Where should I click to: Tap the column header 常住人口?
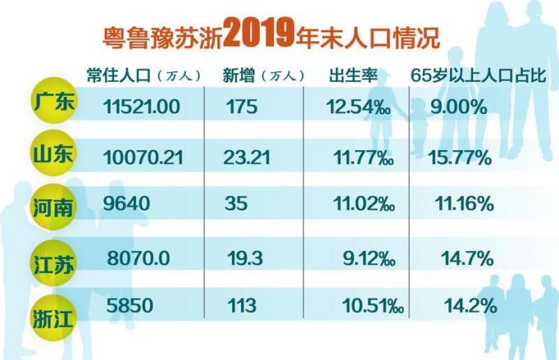tap(117, 76)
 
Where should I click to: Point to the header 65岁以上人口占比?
tap(482, 76)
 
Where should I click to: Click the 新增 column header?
tap(239, 76)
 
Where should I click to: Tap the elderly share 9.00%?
tap(457, 107)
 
